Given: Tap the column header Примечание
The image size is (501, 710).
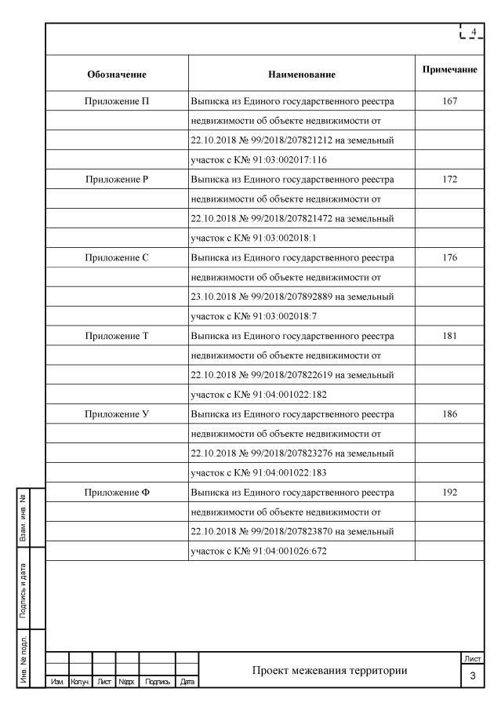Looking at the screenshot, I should (449, 71).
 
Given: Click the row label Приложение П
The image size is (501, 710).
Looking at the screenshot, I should (117, 100).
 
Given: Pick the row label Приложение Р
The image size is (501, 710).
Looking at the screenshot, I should (117, 178).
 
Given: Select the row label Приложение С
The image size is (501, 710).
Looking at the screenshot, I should (117, 257).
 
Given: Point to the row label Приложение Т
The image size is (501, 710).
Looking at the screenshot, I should (117, 335).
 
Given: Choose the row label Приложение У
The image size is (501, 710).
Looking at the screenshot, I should (117, 413).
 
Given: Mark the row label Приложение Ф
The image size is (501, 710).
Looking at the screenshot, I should (117, 492).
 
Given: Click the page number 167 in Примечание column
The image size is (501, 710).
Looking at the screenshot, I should (449, 100).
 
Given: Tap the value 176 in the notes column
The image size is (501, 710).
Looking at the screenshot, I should (449, 257).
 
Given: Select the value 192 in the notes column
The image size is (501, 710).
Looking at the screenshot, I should (449, 492).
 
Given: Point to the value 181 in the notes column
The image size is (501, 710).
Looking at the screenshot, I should (449, 335).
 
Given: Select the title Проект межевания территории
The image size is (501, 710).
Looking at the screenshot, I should (330, 671).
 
